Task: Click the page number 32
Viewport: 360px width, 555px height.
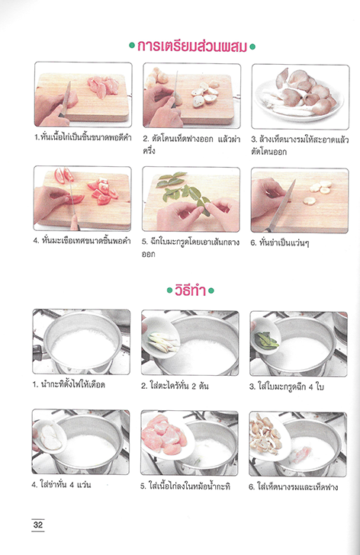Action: click(x=38, y=525)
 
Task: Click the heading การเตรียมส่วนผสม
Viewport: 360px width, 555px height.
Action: click(x=192, y=47)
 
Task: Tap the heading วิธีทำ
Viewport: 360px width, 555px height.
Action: click(x=191, y=290)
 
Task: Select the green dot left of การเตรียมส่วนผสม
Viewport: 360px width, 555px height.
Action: click(x=132, y=46)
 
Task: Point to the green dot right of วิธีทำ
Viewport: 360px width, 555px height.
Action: click(x=211, y=291)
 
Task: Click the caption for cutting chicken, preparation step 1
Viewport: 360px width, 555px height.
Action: click(x=83, y=137)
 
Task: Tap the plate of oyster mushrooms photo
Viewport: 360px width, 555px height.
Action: click(x=301, y=96)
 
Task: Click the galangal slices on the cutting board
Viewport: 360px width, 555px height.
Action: click(x=319, y=191)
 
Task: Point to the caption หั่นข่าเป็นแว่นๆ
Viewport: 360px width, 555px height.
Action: click(x=280, y=242)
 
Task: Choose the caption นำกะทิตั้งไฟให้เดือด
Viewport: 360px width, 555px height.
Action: click(x=69, y=384)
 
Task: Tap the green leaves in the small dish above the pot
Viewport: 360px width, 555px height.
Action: click(x=266, y=339)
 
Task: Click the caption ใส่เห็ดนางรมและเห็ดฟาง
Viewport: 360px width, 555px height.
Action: click(x=294, y=487)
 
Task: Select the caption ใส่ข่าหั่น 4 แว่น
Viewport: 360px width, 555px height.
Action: click(x=61, y=485)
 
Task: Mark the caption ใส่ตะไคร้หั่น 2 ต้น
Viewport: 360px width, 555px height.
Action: click(x=175, y=386)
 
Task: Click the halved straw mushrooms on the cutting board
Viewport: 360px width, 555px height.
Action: click(x=205, y=94)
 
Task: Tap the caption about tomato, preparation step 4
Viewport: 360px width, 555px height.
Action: click(x=82, y=241)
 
